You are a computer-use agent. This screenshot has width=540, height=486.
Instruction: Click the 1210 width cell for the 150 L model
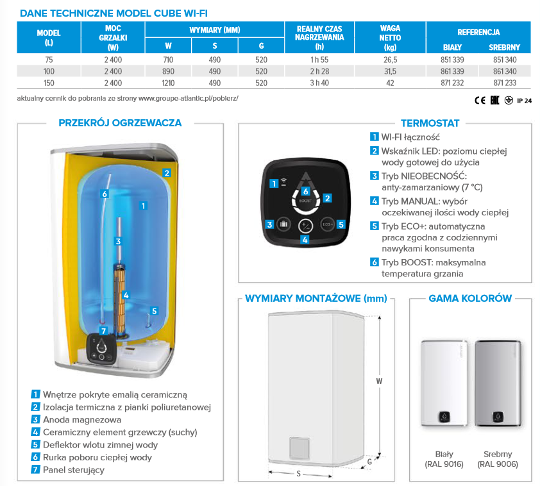tap(168, 83)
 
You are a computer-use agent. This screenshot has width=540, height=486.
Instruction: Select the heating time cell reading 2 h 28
tap(319, 71)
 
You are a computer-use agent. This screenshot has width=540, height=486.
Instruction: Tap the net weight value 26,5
tap(390, 60)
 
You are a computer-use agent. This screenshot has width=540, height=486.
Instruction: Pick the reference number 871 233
tap(503, 83)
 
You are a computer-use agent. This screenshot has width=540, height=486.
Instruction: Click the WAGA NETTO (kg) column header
tap(390, 38)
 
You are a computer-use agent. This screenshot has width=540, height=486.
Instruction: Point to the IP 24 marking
tap(524, 100)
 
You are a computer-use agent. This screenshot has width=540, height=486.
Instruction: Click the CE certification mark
tap(480, 100)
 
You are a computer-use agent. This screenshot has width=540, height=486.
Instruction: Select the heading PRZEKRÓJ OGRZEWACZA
tap(120, 122)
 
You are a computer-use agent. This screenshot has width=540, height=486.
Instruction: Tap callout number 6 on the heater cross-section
tap(105, 194)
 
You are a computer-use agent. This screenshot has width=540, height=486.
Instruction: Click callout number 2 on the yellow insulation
tap(166, 172)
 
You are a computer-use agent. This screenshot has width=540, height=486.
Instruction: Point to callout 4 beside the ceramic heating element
tap(126, 296)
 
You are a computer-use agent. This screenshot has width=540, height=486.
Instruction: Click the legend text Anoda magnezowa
tap(81, 419)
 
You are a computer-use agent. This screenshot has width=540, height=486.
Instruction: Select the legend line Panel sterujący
tap(73, 469)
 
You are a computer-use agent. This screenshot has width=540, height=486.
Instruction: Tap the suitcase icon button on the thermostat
tap(284, 225)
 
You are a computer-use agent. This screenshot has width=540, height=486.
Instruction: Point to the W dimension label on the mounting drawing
tap(379, 380)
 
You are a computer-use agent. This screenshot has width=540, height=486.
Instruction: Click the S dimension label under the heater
tap(299, 474)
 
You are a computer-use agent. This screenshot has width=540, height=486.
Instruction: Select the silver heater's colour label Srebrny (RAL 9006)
tap(498, 458)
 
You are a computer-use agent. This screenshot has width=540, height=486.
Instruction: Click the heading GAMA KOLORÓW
tap(469, 298)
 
